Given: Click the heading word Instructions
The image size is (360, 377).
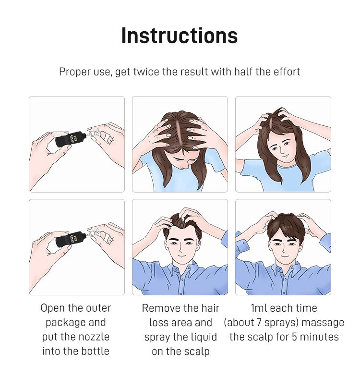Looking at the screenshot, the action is point(180,36).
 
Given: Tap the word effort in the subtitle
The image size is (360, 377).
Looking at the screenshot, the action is point(287,72).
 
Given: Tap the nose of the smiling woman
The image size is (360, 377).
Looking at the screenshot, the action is point(282,150).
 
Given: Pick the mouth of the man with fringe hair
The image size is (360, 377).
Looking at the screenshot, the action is point(284,256).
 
